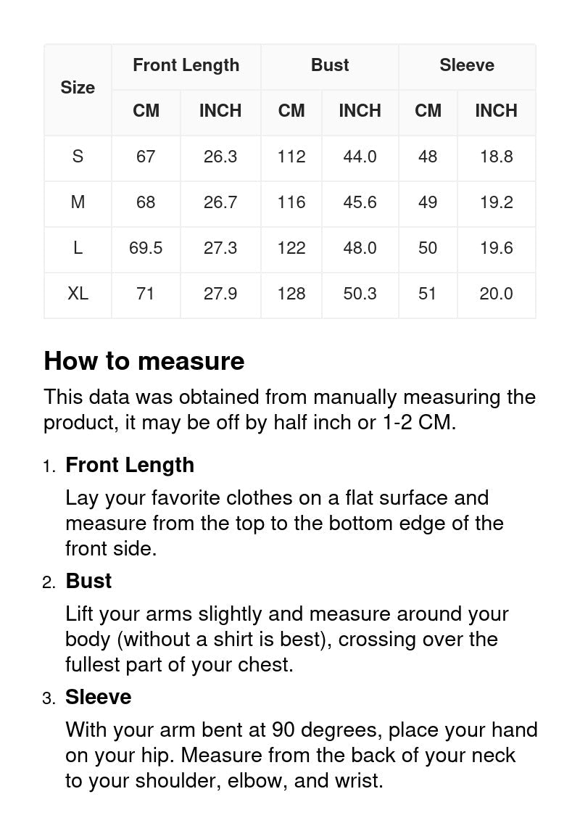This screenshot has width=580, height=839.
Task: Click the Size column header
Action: click(78, 88)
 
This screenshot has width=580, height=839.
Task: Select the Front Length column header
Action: click(186, 65)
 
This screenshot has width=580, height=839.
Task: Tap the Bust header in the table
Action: click(330, 65)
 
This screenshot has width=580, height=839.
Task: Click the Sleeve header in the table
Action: click(467, 65)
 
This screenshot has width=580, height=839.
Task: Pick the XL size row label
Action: click(78, 294)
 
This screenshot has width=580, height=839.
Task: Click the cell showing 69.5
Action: click(146, 248)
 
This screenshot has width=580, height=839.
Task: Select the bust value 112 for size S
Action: click(291, 157)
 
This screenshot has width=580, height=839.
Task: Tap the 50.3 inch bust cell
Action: click(360, 294)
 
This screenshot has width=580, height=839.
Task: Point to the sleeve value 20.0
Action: click(496, 294)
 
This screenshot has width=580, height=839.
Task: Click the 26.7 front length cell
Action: click(220, 202)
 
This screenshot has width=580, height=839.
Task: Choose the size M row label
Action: click(78, 202)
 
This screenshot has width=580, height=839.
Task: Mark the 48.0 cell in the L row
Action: click(360, 248)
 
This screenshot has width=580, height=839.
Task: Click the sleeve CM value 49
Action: click(428, 202)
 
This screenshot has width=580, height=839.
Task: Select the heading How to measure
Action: click(144, 361)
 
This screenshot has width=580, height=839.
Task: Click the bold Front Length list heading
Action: click(130, 465)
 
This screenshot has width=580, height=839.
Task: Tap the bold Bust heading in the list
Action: click(88, 581)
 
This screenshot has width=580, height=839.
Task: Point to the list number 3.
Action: click(49, 698)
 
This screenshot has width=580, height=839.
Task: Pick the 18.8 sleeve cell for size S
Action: click(496, 157)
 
